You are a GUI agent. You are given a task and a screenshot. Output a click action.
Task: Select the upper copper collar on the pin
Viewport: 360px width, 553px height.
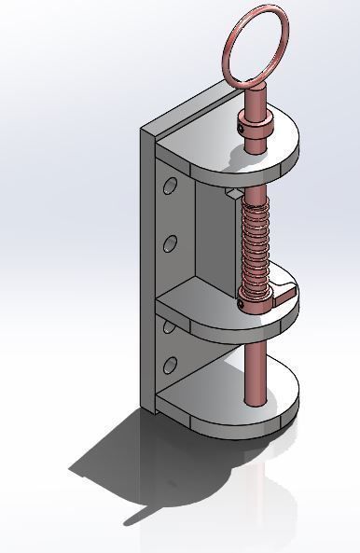coord(256,130)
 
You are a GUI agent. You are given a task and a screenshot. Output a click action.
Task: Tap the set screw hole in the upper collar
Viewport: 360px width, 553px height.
coord(244,128)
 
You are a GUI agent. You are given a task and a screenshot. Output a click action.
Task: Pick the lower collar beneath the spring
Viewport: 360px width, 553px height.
coord(254,294)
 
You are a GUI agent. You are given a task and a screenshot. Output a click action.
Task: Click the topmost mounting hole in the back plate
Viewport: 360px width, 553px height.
coord(169,186)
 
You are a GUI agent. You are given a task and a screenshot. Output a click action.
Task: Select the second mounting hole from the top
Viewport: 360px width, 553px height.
coord(170,244)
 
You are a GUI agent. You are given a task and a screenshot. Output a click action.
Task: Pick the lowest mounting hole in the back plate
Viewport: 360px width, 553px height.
coord(170,365)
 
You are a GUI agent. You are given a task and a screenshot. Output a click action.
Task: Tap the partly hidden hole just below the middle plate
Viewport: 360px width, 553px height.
coord(169,325)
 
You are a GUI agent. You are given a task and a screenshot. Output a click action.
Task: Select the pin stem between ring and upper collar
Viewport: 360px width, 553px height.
coord(255,93)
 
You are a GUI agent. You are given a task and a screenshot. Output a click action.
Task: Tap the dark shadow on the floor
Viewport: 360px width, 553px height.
coord(140,466)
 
